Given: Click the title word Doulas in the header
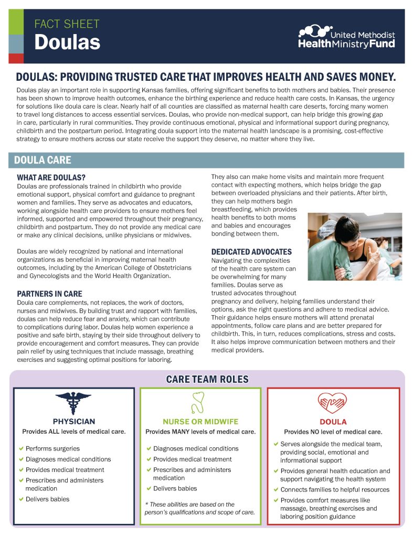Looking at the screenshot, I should click(x=67, y=42).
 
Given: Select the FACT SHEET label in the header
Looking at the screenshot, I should click(x=67, y=24).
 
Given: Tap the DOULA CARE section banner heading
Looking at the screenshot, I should click(x=43, y=160).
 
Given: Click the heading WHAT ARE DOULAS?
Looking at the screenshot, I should click(x=51, y=177).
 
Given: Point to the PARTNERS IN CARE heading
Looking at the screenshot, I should click(x=49, y=294).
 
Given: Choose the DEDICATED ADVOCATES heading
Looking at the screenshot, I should click(x=251, y=252).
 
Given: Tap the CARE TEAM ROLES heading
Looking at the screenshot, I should click(x=207, y=379).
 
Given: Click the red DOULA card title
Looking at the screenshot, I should click(x=333, y=422).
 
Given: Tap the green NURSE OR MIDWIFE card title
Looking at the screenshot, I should click(x=200, y=422).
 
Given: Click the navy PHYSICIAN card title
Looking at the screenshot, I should click(x=73, y=421).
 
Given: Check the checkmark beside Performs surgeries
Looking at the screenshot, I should click(x=21, y=448).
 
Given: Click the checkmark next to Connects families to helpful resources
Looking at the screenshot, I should click(x=275, y=490).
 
